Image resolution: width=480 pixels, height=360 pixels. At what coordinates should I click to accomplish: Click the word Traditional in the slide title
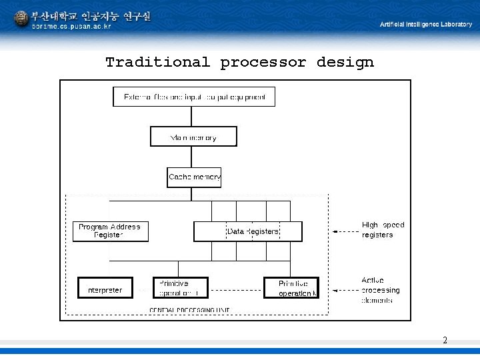157,63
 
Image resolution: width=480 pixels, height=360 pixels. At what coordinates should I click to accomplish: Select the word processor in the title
263,63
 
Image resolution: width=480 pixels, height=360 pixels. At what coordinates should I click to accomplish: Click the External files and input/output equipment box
194,97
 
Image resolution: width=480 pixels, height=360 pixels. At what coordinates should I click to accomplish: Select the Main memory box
193,137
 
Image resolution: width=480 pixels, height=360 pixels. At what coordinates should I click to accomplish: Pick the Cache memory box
194,177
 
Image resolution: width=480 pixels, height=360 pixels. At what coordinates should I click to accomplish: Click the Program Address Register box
110,231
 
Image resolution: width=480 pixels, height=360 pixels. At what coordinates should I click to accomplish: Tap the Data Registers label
253,231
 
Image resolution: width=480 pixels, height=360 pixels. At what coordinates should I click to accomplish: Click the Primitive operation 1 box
180,288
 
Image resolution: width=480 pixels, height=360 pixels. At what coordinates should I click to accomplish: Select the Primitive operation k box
291,288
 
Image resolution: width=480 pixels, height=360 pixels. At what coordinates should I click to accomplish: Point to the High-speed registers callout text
383,230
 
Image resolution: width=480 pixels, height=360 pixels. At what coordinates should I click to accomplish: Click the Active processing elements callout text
380,290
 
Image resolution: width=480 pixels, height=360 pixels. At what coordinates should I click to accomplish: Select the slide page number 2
445,341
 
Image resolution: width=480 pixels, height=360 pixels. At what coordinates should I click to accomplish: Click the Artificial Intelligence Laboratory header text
425,24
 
